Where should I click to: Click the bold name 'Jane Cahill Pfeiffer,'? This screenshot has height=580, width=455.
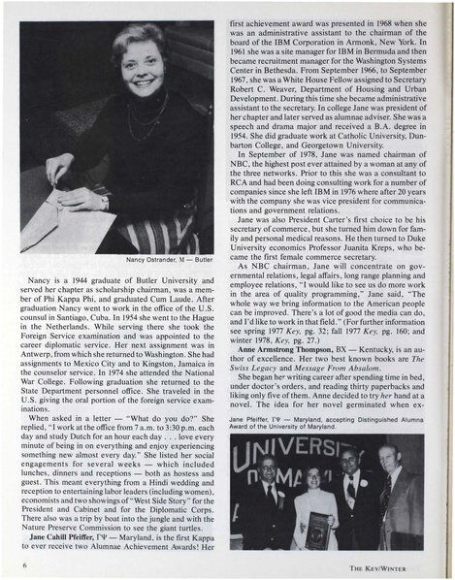(x=67, y=535)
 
